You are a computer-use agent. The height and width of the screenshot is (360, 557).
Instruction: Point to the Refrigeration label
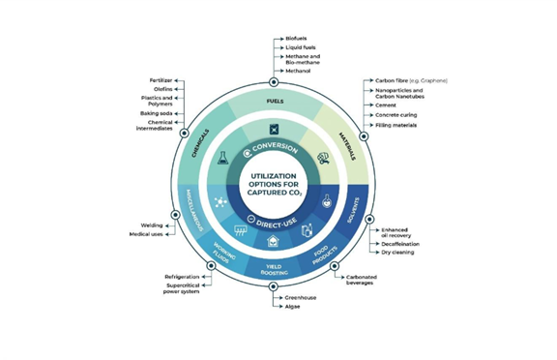[181, 276]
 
